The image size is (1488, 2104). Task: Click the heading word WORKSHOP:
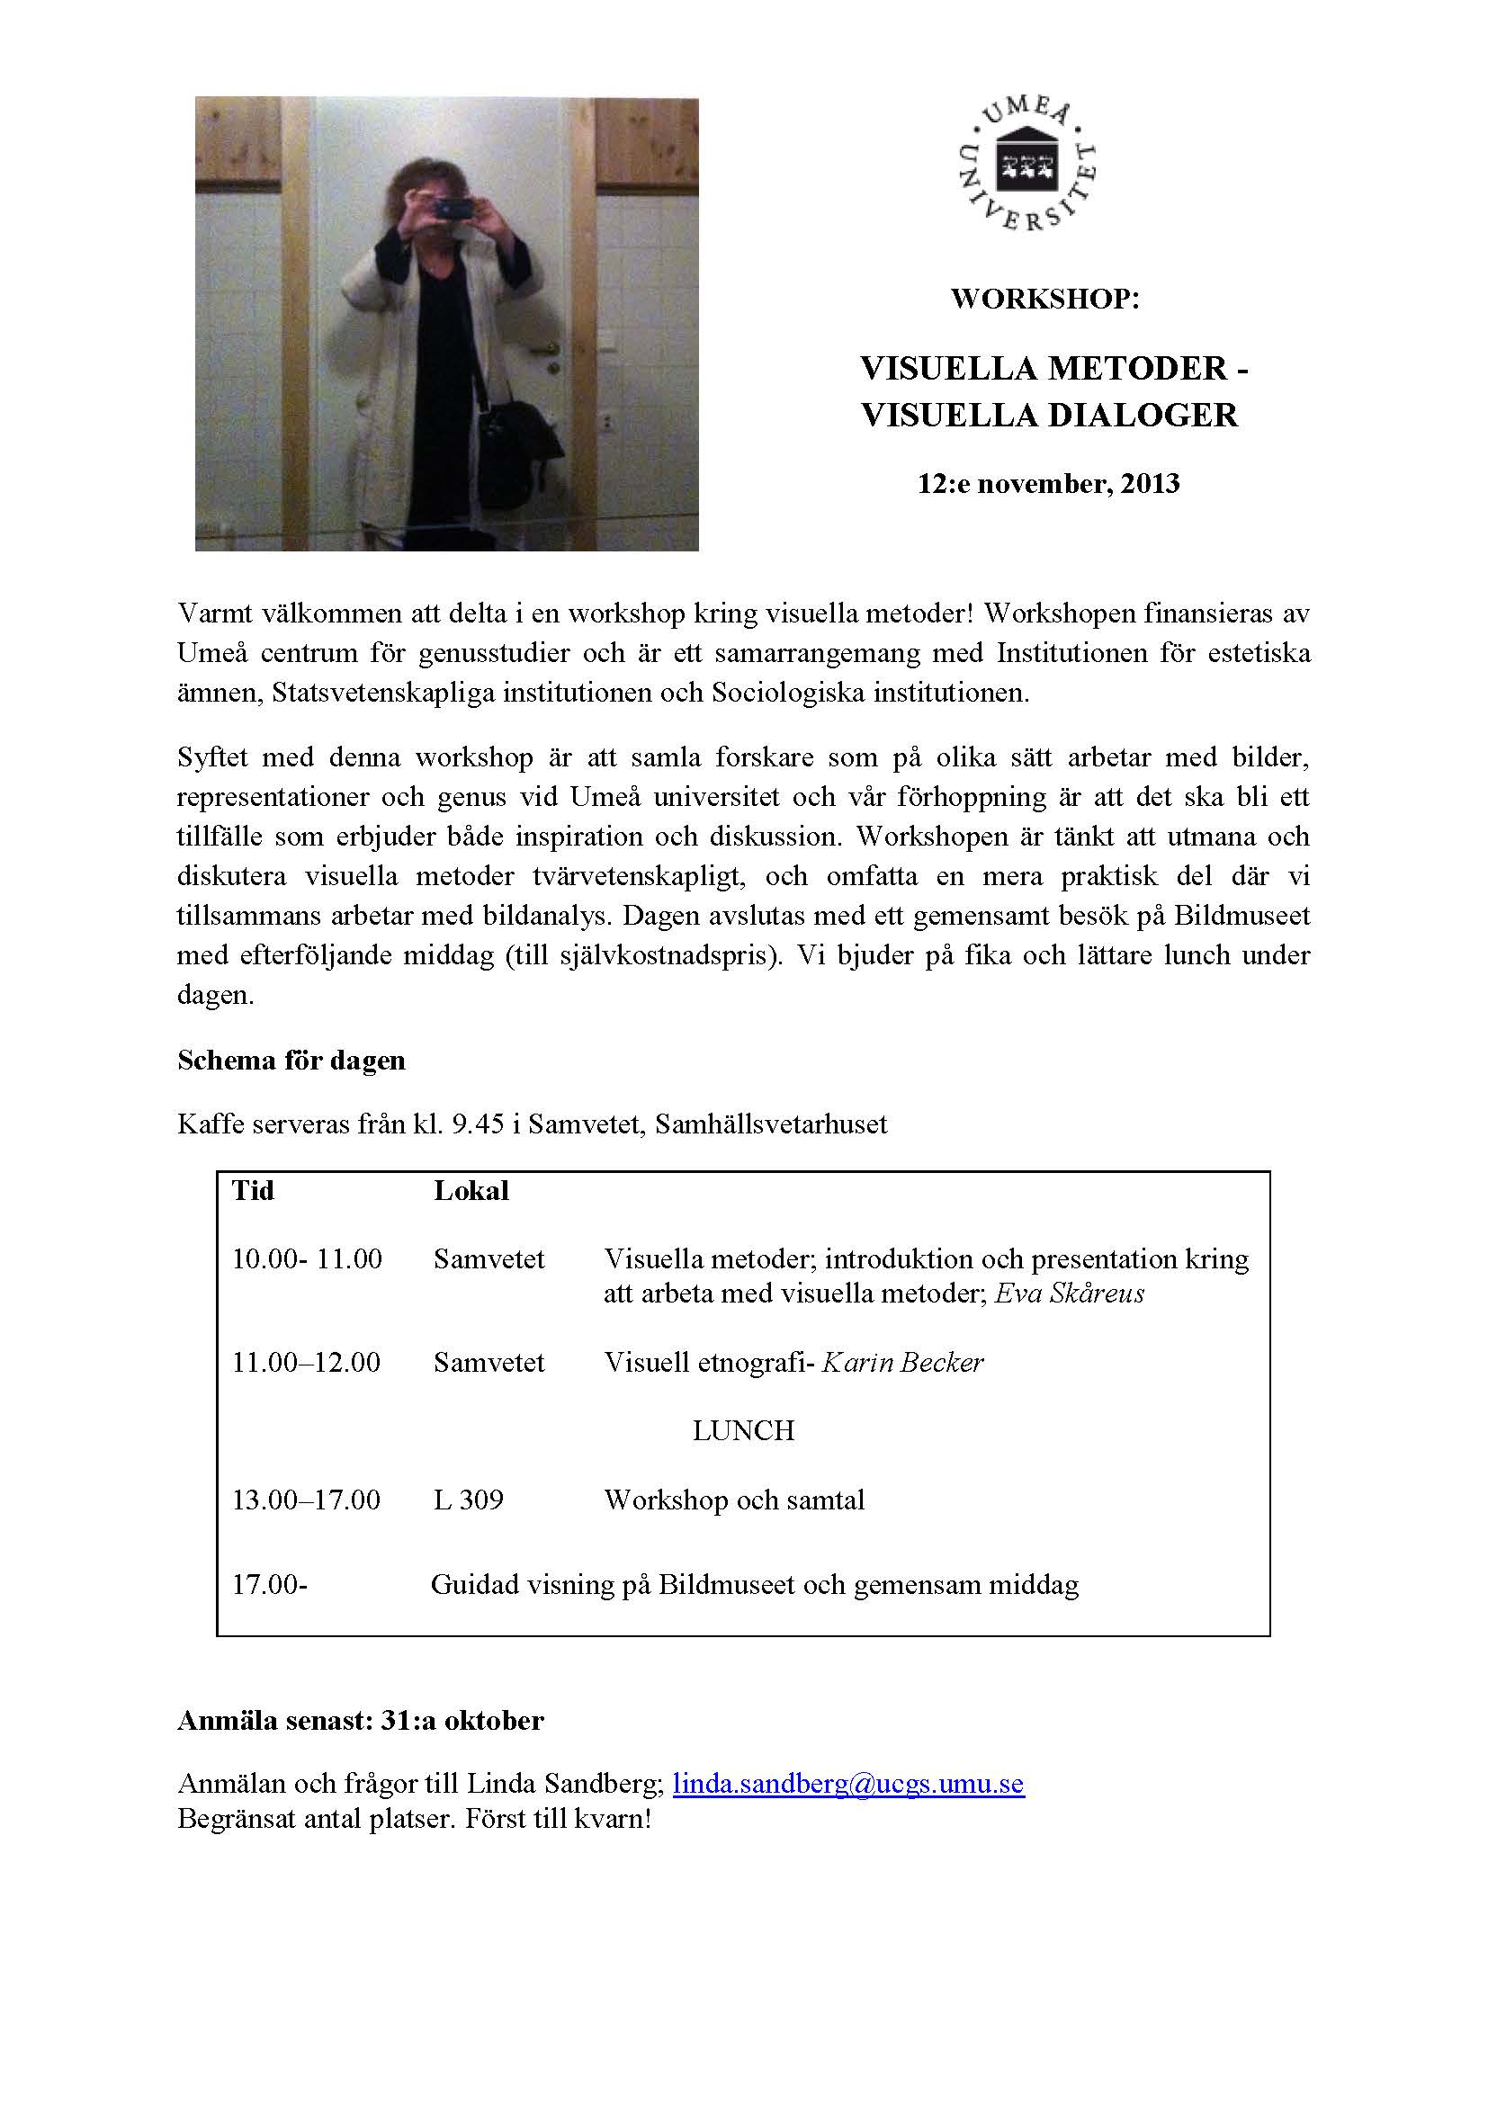pos(1044,299)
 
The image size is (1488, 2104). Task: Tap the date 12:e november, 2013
pos(1048,483)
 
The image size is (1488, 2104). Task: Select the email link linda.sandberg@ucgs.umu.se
pos(847,1783)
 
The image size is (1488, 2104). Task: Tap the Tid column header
pos(252,1190)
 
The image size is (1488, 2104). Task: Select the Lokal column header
pos(471,1190)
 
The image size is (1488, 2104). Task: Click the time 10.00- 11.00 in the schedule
pos(306,1258)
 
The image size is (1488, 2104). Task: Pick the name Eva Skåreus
pos(1070,1293)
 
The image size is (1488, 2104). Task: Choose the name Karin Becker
pos(902,1363)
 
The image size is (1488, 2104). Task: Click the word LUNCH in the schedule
pos(743,1430)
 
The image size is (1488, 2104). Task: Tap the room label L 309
pos(468,1500)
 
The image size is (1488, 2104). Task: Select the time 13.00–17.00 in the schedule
pos(305,1500)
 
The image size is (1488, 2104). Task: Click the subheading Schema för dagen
pos(291,1061)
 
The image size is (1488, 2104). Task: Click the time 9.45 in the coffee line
pos(478,1124)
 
